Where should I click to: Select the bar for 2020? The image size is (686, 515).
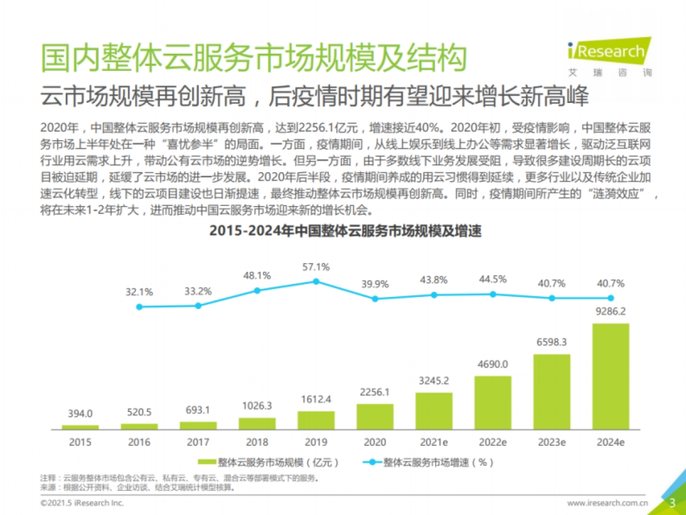375,417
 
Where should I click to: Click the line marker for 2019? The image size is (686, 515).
316,282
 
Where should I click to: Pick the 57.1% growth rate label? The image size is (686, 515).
316,267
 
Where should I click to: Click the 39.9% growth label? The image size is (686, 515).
375,284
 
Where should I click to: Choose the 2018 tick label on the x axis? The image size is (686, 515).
257,442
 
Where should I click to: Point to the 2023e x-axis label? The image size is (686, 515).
552,442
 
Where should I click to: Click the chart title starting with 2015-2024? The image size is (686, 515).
345,231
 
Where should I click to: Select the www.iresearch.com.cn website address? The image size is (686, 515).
607,504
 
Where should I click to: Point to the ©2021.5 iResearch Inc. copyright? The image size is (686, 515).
82,504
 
